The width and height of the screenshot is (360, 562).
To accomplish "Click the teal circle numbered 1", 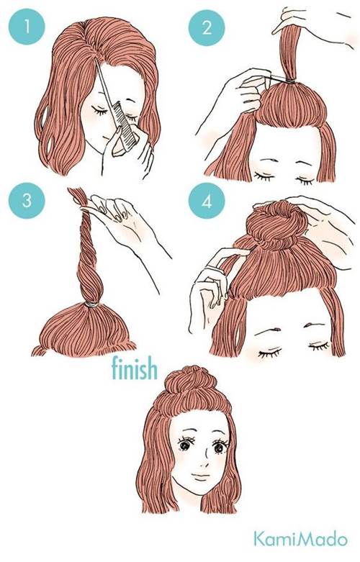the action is [27, 27].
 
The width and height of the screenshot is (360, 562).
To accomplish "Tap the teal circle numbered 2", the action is [207, 28].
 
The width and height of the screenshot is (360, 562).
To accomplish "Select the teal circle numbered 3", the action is [27, 200].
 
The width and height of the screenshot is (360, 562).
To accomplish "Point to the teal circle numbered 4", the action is [207, 201].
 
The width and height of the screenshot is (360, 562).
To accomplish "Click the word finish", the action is [135, 368].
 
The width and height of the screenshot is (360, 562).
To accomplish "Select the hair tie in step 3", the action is [91, 304].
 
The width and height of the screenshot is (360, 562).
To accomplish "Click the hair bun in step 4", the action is [276, 224].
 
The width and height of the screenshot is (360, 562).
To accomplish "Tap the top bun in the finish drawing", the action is [194, 382].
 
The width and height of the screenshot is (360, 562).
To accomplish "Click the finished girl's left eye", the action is [184, 445].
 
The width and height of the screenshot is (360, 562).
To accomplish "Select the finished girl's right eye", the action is [218, 447].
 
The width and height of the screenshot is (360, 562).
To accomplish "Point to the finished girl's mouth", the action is [200, 476].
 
